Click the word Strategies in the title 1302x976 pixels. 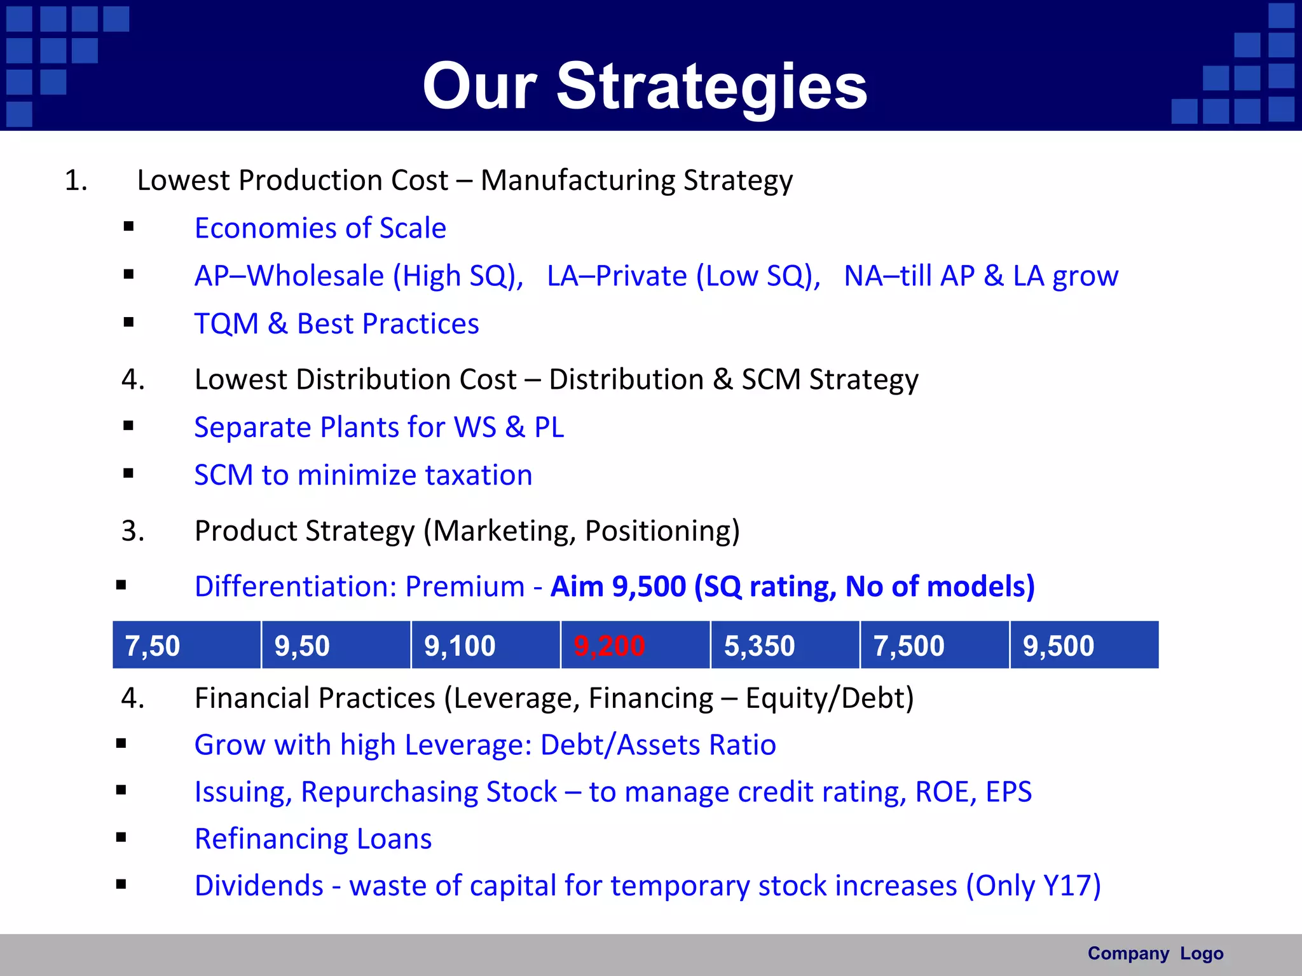(712, 87)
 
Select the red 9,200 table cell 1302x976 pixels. (634, 646)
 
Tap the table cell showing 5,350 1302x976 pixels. (785, 646)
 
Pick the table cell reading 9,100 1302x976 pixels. (485, 646)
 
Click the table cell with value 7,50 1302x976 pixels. (186, 646)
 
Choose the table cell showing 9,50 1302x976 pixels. (336, 646)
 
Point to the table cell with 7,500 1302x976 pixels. (934, 646)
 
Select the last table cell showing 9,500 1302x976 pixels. (1084, 646)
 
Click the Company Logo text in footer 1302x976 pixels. (1155, 953)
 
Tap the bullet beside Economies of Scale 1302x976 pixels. (129, 226)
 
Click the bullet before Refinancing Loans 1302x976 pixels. (121, 837)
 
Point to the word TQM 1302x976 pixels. (226, 324)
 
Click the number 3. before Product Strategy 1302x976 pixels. (133, 531)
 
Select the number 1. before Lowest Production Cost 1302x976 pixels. (76, 180)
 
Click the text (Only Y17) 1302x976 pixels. (1033, 886)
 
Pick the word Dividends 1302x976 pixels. (259, 886)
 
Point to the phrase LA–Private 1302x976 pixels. (616, 276)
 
